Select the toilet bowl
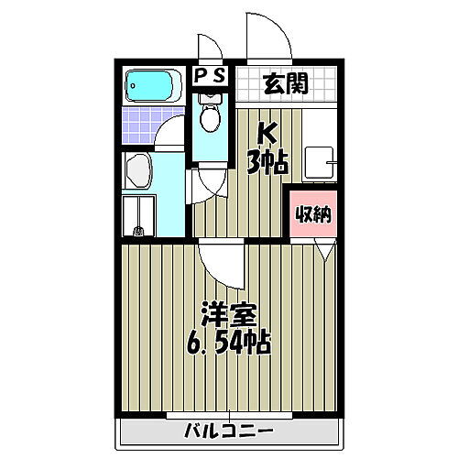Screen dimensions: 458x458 point(211,115)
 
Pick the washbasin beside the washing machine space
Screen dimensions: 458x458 point(137,170)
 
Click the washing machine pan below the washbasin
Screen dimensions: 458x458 point(138,216)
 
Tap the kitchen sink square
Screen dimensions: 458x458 point(318,160)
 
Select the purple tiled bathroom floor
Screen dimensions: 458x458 point(142,123)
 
